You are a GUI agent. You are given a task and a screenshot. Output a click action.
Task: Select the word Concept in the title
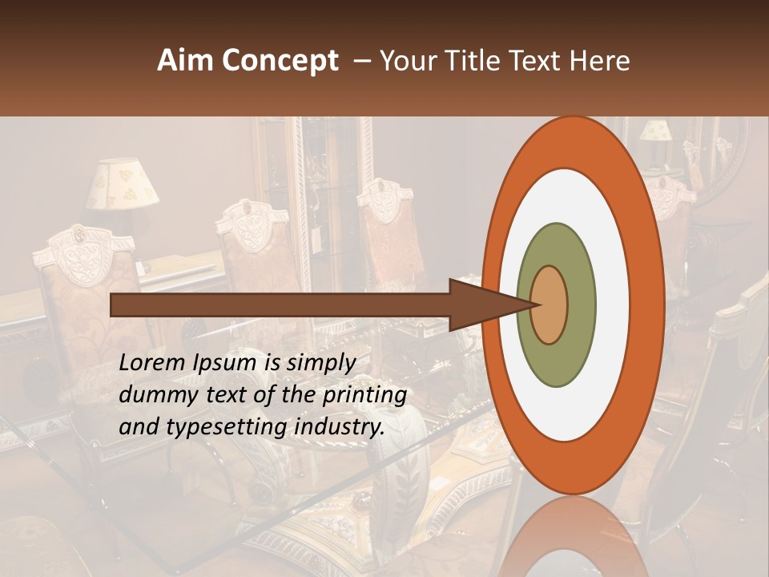click(280, 61)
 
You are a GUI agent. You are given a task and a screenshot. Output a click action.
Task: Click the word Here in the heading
click(601, 61)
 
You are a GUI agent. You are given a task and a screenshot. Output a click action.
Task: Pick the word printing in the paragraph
click(364, 395)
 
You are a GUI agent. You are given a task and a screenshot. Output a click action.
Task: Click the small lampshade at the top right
click(656, 131)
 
